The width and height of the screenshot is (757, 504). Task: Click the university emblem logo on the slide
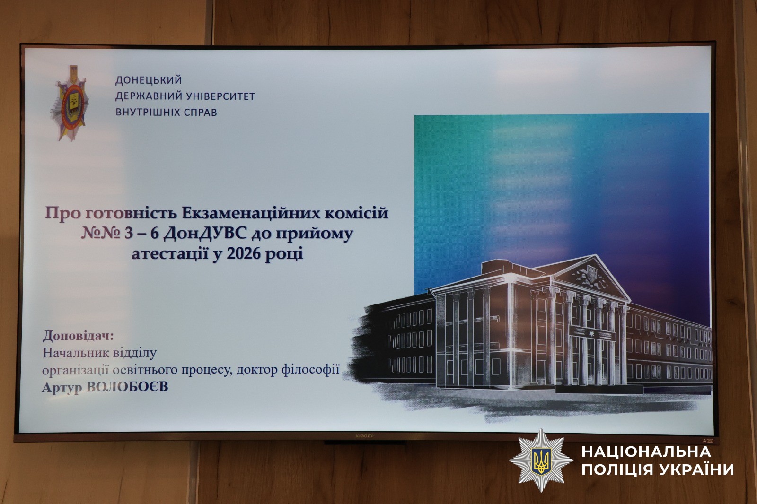click(70, 104)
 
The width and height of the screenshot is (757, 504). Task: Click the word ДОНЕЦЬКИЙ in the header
click(149, 80)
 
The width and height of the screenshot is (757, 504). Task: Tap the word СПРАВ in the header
click(200, 113)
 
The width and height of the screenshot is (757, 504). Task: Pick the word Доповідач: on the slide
click(78, 336)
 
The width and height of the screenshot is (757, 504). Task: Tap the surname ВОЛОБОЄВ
click(127, 387)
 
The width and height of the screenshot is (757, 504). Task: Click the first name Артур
click(62, 388)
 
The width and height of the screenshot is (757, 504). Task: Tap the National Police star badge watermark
click(541, 460)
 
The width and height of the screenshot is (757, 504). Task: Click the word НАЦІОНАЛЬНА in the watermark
click(646, 452)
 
